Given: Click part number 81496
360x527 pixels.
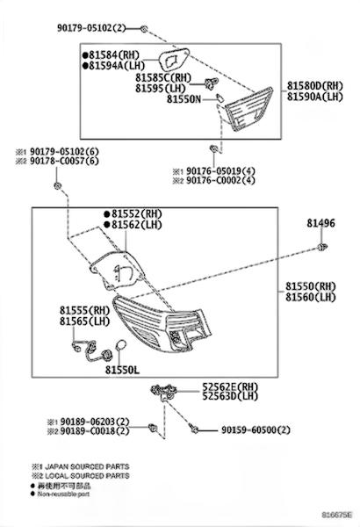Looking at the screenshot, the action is [320, 223].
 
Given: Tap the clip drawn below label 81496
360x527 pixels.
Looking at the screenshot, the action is [322, 248].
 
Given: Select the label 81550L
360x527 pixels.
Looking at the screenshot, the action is [122, 370].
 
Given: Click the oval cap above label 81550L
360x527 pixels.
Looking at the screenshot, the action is [120, 344].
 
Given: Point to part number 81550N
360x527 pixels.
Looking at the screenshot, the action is [184, 99].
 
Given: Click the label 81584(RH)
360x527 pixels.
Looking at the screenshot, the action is [114, 54].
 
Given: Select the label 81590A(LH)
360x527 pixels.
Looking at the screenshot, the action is [315, 97].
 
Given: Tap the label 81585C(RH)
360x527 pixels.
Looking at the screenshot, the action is [163, 77].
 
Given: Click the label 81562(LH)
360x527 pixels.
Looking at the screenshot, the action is [137, 225].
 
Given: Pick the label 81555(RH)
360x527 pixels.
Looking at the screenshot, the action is [85, 310].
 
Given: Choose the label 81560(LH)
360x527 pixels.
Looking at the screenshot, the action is [311, 297].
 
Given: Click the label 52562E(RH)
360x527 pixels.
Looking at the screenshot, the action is [230, 386].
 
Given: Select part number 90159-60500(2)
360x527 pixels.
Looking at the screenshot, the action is [256, 430].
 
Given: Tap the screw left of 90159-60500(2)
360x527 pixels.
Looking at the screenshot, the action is [193, 429].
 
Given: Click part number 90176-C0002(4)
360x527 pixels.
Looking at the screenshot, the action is [221, 180].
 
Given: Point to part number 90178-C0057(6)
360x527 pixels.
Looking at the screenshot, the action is [65, 161].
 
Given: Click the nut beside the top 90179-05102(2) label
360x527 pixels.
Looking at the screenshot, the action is [144, 29].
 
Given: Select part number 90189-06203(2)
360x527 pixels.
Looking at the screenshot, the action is [95, 421].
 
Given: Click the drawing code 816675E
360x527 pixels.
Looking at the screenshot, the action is [337, 515].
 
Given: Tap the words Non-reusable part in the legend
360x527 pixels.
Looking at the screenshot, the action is [63, 494].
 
